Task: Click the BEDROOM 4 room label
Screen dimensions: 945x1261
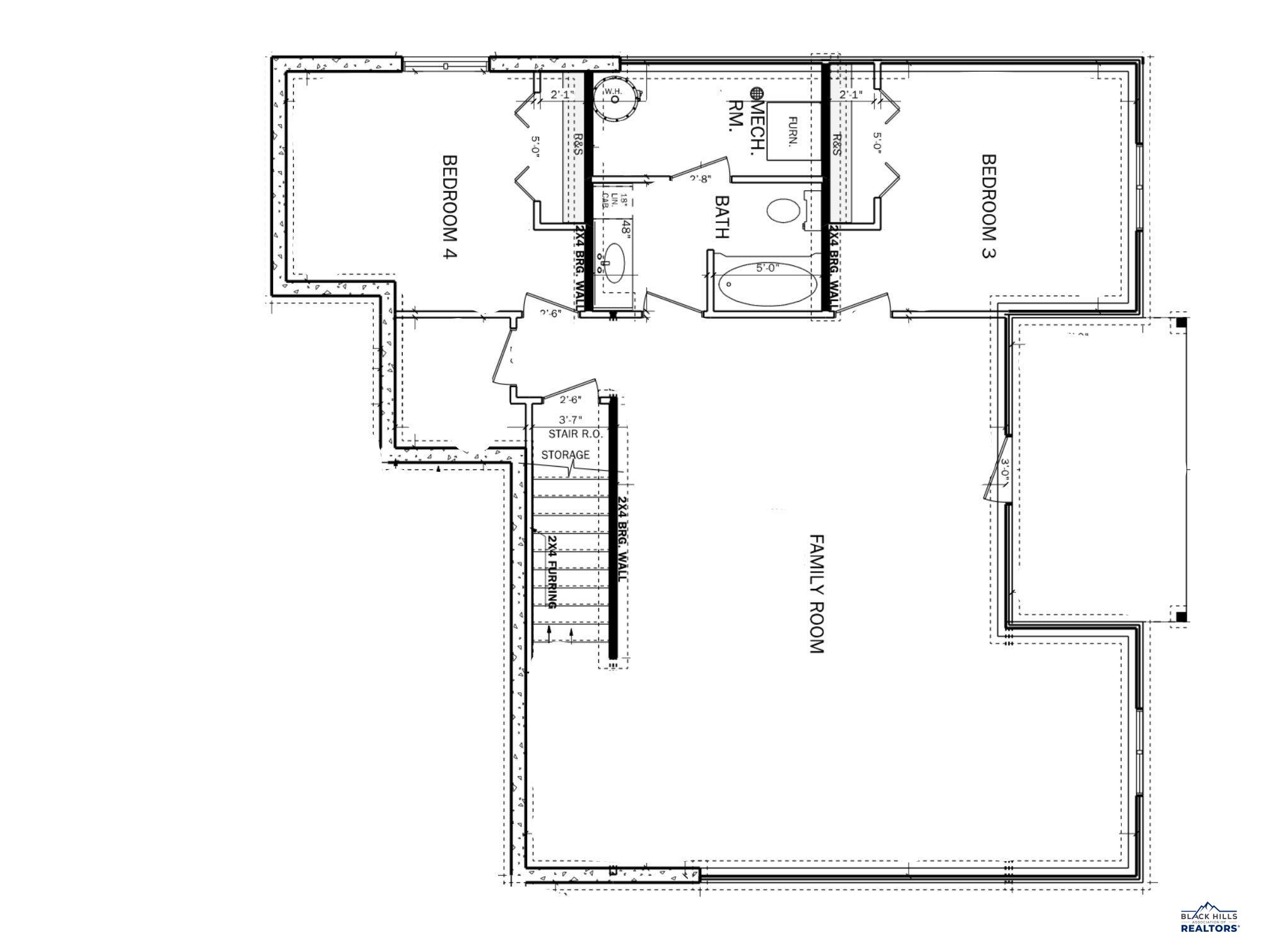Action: click(x=449, y=207)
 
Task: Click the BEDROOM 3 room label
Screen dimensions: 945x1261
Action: click(x=989, y=206)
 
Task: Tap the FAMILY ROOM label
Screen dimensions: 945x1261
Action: click(x=816, y=594)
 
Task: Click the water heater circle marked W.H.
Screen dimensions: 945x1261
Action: click(x=615, y=100)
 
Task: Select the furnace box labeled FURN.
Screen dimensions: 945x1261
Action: click(x=793, y=131)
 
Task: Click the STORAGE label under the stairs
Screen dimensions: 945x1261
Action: click(x=566, y=454)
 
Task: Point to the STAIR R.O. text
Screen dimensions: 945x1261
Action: click(x=575, y=434)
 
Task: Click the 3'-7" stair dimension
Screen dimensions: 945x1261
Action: click(x=570, y=419)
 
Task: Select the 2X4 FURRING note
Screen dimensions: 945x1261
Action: click(x=552, y=572)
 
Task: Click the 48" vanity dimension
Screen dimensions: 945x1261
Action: click(x=626, y=227)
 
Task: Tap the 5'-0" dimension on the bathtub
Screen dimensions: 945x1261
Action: click(x=767, y=268)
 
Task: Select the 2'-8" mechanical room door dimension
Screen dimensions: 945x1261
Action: click(x=700, y=178)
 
